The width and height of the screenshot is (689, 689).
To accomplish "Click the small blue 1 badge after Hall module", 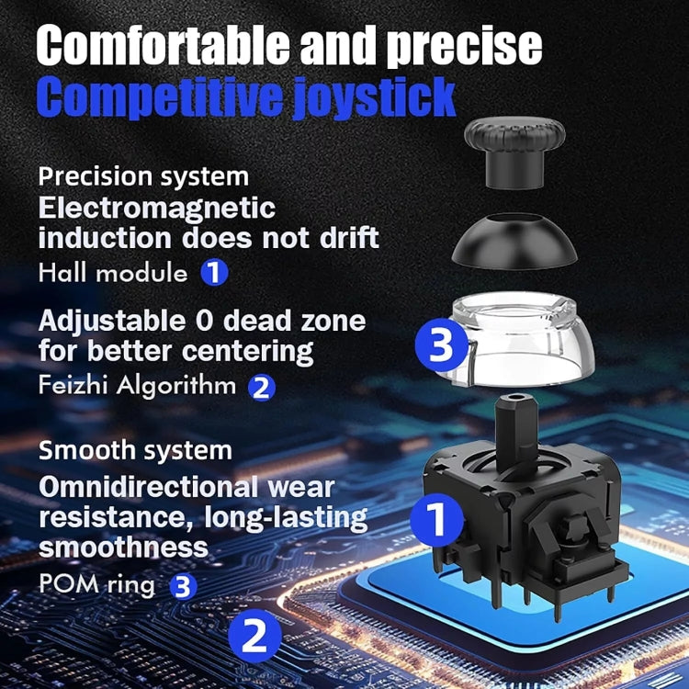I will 214,273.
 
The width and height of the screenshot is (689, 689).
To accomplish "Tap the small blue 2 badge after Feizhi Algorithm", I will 262,387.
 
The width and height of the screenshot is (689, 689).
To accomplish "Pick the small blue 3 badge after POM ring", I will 185,586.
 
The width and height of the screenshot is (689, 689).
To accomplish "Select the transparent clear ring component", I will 524,344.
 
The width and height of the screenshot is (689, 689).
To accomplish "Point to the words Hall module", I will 113,273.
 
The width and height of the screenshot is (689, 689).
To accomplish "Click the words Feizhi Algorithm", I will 137,385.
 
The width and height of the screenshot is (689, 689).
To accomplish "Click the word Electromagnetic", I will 156,207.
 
